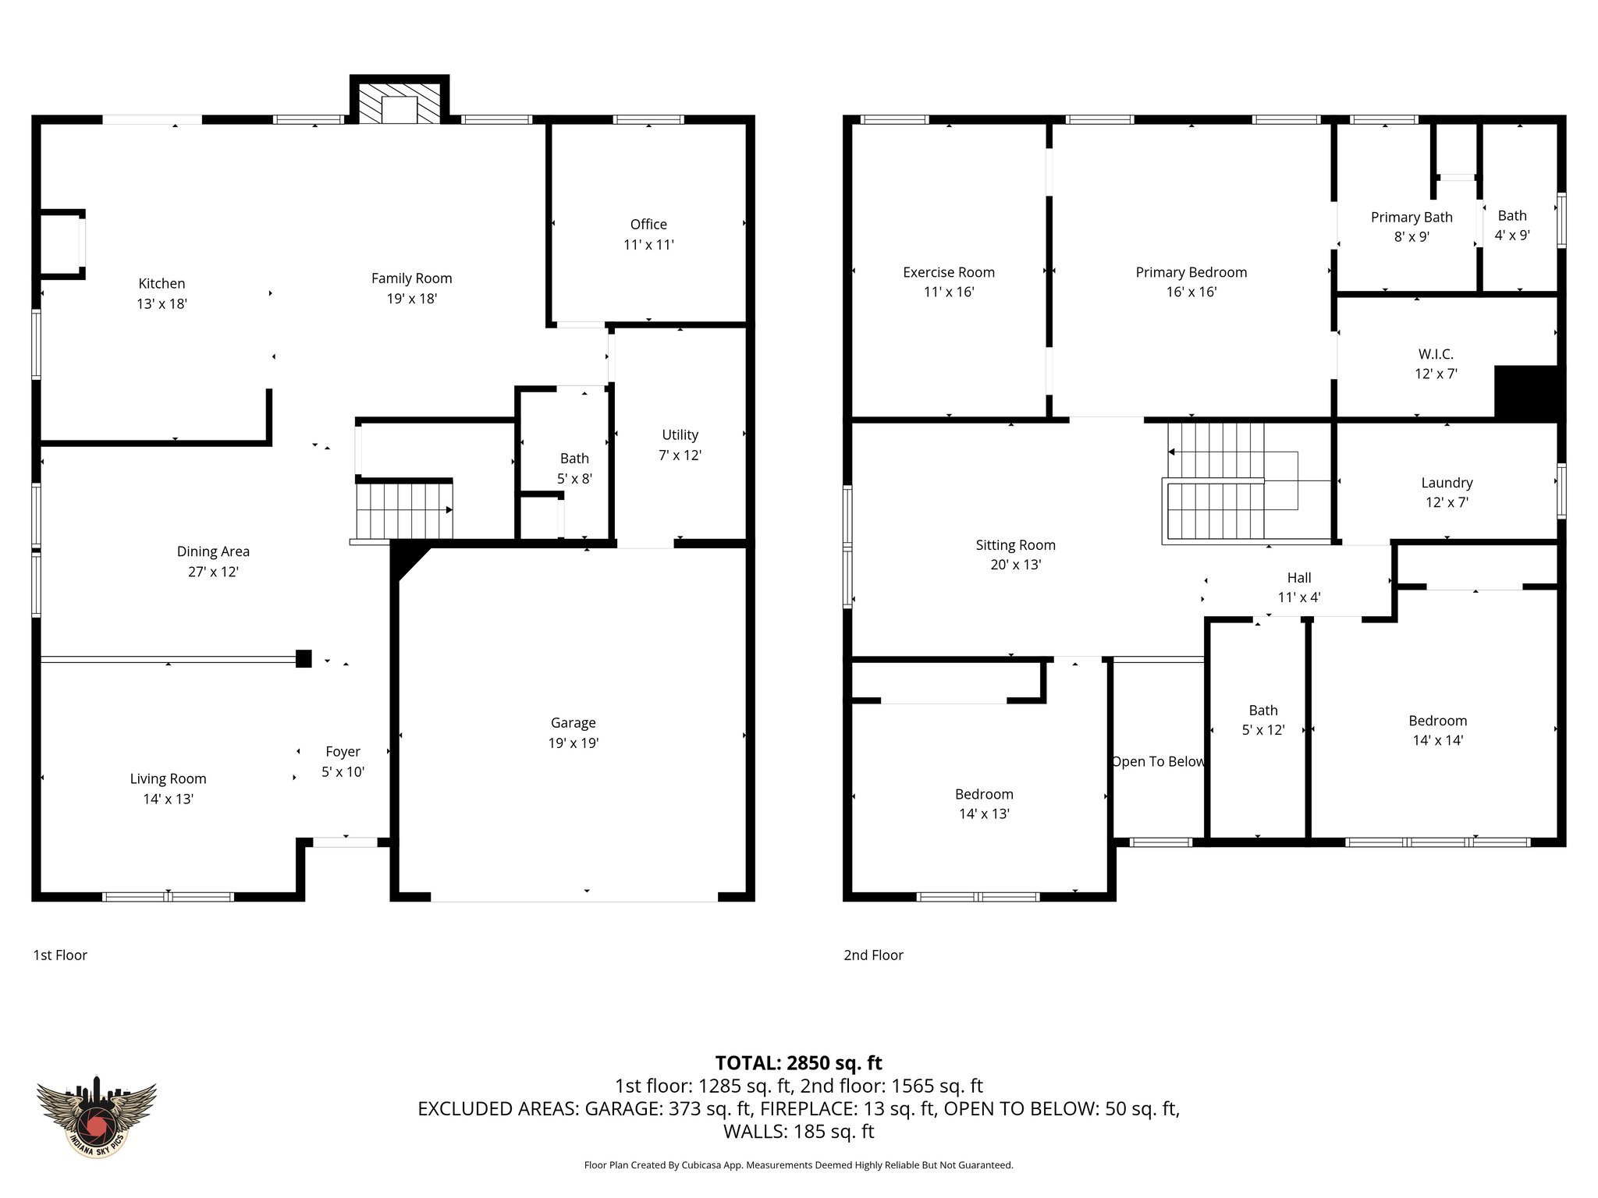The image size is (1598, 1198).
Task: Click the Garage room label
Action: click(x=573, y=723)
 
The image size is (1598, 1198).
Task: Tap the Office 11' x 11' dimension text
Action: click(x=648, y=245)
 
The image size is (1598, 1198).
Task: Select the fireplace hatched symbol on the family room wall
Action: click(x=399, y=102)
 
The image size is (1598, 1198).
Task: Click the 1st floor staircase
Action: click(x=404, y=511)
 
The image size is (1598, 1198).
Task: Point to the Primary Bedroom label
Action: click(x=1191, y=272)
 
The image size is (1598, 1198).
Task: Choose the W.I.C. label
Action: click(x=1435, y=354)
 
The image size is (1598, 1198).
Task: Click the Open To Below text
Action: click(x=1158, y=762)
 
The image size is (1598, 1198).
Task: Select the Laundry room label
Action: click(x=1447, y=483)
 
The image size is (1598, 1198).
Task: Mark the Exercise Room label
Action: click(x=948, y=272)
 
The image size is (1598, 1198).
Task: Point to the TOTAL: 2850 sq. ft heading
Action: click(x=798, y=1063)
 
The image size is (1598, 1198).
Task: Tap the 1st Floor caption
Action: click(x=60, y=955)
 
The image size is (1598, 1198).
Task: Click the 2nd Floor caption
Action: click(x=873, y=955)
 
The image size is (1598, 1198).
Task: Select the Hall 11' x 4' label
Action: click(x=1298, y=587)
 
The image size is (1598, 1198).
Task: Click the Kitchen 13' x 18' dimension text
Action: click(x=162, y=304)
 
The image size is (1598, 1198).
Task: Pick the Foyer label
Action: click(x=343, y=752)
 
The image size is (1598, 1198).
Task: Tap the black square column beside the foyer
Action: click(x=304, y=658)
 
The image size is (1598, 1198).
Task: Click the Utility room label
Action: click(x=680, y=435)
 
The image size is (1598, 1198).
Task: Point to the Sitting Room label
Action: click(x=1015, y=545)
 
